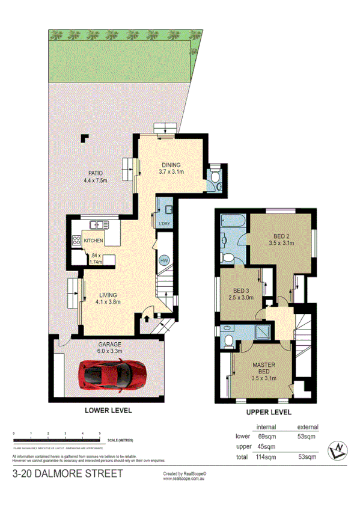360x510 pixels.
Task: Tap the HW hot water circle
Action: [163, 261]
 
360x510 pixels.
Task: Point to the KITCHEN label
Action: [93, 241]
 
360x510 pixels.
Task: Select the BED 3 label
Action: [239, 290]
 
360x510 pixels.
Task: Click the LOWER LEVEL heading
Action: [108, 410]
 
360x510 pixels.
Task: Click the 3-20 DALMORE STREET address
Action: [68, 474]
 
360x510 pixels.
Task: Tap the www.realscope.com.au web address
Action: [185, 480]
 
